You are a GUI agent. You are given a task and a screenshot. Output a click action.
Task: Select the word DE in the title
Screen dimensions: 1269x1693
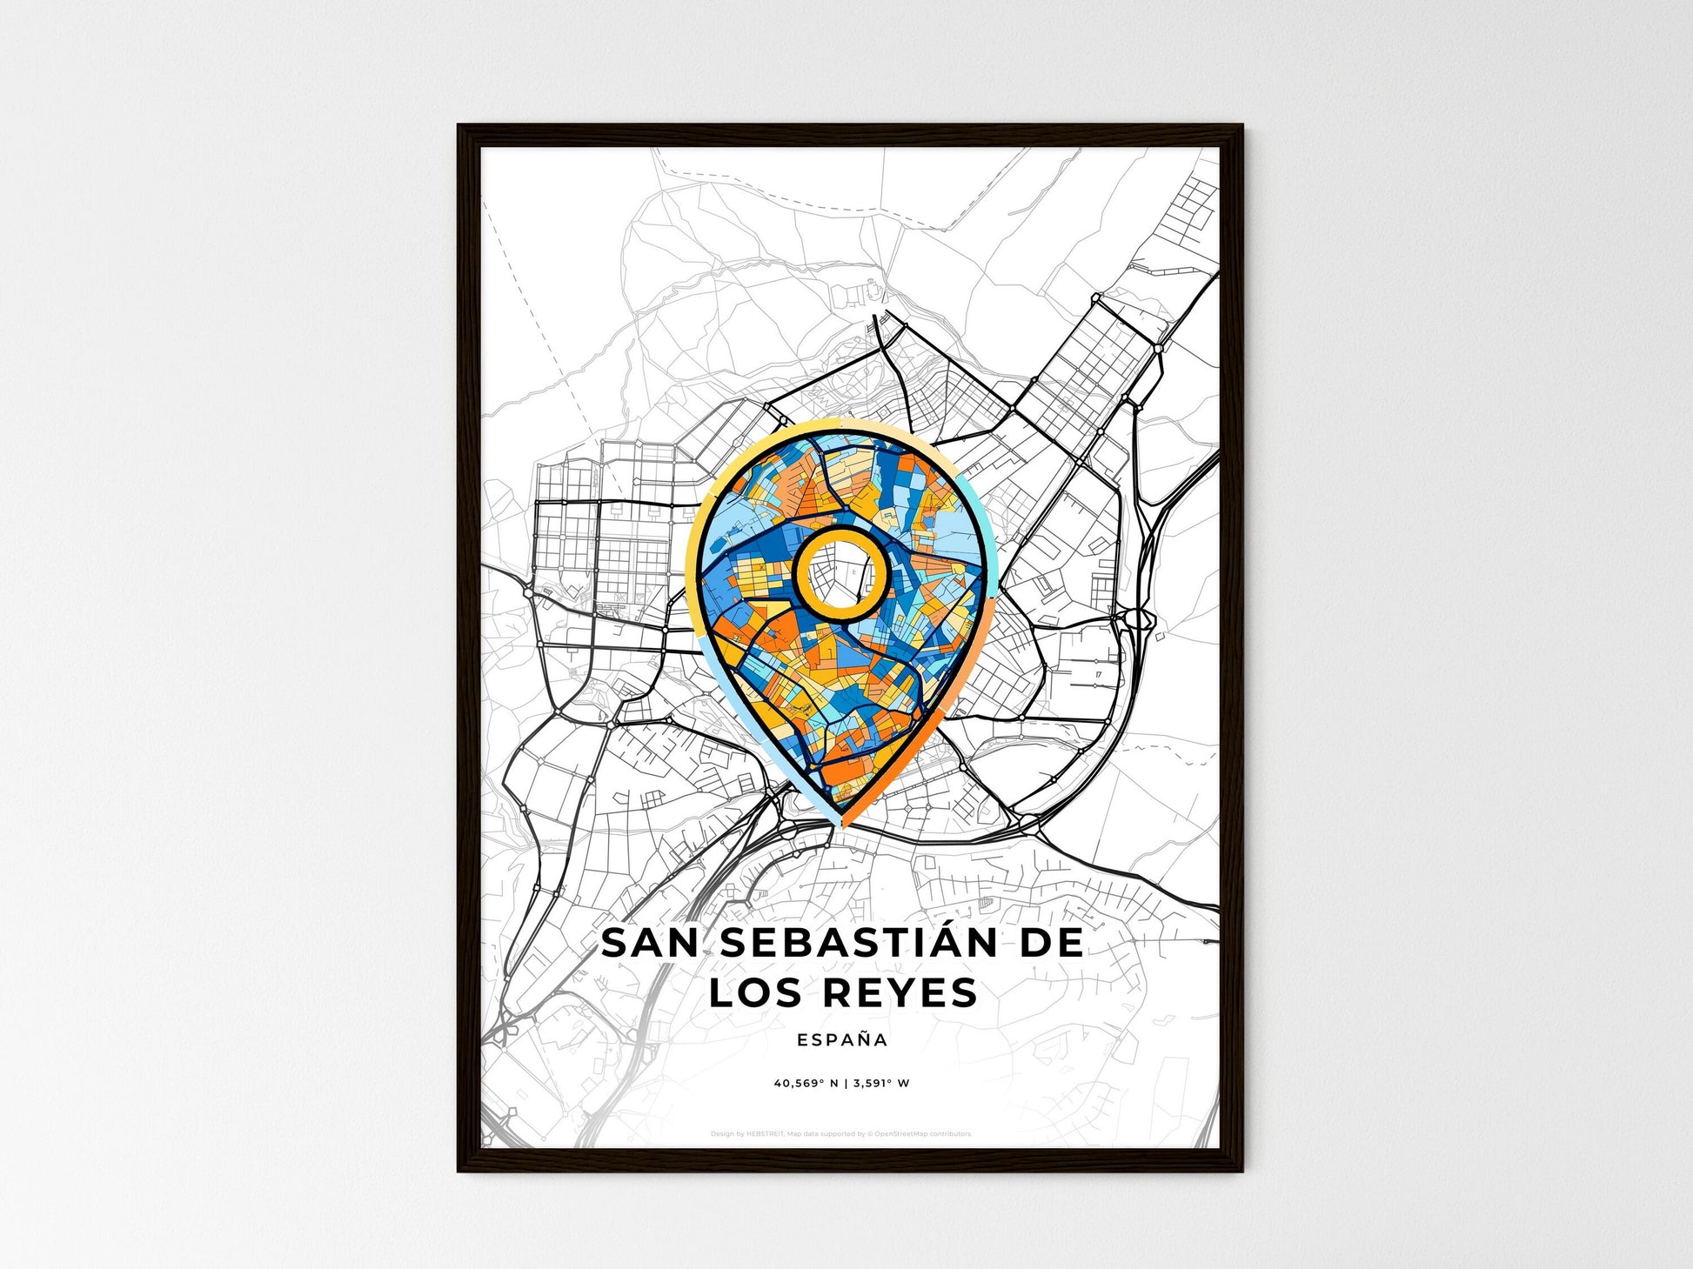(x=1051, y=944)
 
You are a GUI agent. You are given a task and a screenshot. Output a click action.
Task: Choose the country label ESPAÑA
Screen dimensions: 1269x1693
(x=842, y=1040)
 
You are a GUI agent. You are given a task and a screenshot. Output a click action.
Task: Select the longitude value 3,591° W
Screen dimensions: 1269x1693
(x=881, y=1084)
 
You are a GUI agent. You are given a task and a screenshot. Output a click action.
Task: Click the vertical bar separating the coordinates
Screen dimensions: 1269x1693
(x=846, y=1084)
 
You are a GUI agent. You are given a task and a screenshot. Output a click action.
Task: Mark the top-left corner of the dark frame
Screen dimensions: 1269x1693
(x=458, y=126)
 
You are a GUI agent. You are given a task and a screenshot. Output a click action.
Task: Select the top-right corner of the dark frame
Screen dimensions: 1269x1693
(x=1241, y=126)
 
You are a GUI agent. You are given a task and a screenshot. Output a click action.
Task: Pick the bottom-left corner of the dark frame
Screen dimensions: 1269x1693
(x=458, y=1171)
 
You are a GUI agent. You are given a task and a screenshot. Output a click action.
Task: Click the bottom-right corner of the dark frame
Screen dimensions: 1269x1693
(x=1241, y=1171)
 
